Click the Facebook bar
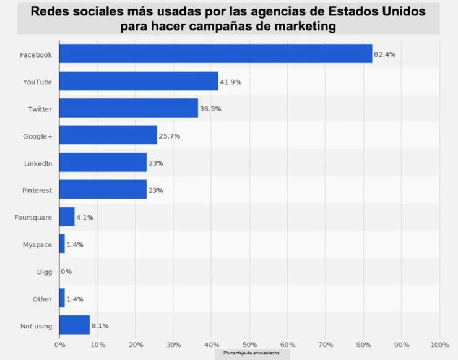pos(215,54)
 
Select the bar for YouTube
pos(139,81)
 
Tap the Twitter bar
pos(128,108)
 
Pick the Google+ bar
pos(108,135)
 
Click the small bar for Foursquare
pos(67,217)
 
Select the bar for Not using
pos(74,325)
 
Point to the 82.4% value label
pos(384,54)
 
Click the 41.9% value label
pos(230,82)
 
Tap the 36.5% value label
pos(210,109)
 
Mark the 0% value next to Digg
pos(66,272)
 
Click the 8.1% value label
pos(100,326)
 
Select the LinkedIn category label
pos(38,163)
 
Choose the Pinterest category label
pos(37,190)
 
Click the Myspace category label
pos(38,244)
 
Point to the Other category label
pos(42,299)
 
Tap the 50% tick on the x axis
pos(249,344)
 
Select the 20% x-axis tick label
pos(136,344)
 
